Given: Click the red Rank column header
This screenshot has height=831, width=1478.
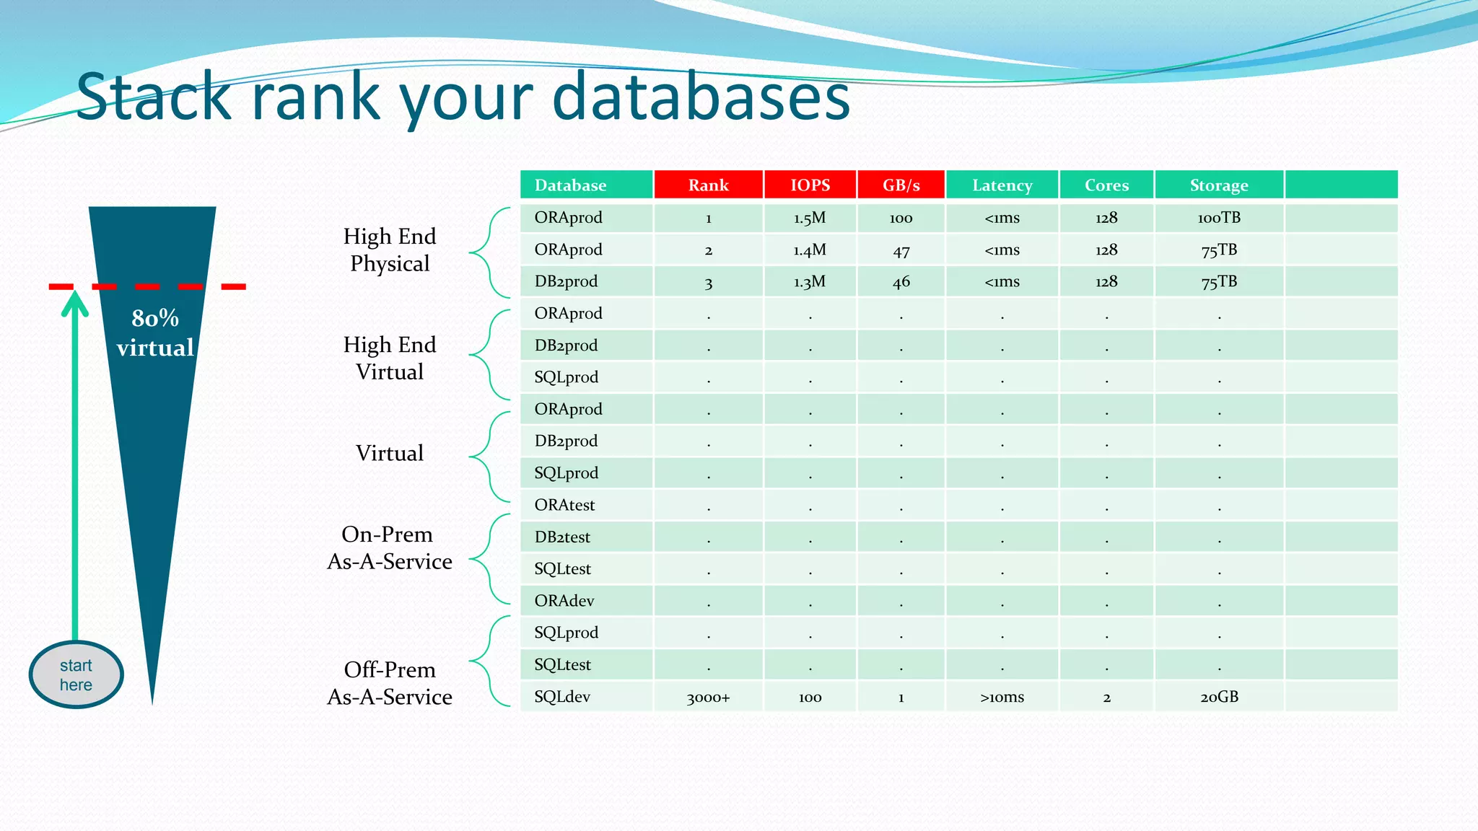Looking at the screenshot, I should coord(708,185).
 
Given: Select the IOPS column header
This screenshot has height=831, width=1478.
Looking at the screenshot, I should coord(810,185).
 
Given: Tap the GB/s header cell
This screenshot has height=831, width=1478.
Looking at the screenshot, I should coord(901,185).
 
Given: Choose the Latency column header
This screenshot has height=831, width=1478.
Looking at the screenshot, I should coord(1002,185).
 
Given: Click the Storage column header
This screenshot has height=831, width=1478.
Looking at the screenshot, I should coord(1218,185).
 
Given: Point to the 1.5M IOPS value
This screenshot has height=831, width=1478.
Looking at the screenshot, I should coord(810,218).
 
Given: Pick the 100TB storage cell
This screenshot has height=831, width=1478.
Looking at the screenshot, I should coord(1218,218).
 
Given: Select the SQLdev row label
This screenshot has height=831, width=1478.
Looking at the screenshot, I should coord(562,697).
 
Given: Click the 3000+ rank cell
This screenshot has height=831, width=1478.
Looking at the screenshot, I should coord(708,698).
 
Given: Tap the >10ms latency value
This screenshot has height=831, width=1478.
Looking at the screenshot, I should coord(1002,698).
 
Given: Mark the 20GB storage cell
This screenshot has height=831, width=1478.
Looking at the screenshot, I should coord(1218,697).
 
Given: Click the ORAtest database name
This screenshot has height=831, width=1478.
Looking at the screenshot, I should coord(564,505).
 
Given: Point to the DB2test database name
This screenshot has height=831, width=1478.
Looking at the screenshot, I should coord(562,537).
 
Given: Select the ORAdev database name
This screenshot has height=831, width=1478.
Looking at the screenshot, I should coord(564,601).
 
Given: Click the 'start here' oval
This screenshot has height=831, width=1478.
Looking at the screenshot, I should coord(76,675).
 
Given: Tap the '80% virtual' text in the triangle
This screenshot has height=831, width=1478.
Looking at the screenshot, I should coord(155,333).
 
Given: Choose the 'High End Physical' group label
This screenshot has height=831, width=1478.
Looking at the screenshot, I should coord(390,250).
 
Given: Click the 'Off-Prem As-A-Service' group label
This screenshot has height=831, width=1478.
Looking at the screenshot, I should coord(390,683).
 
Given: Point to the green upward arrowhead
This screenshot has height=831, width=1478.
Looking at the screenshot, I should coord(74,304).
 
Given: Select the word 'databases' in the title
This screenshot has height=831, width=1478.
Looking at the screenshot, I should coord(701,97).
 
